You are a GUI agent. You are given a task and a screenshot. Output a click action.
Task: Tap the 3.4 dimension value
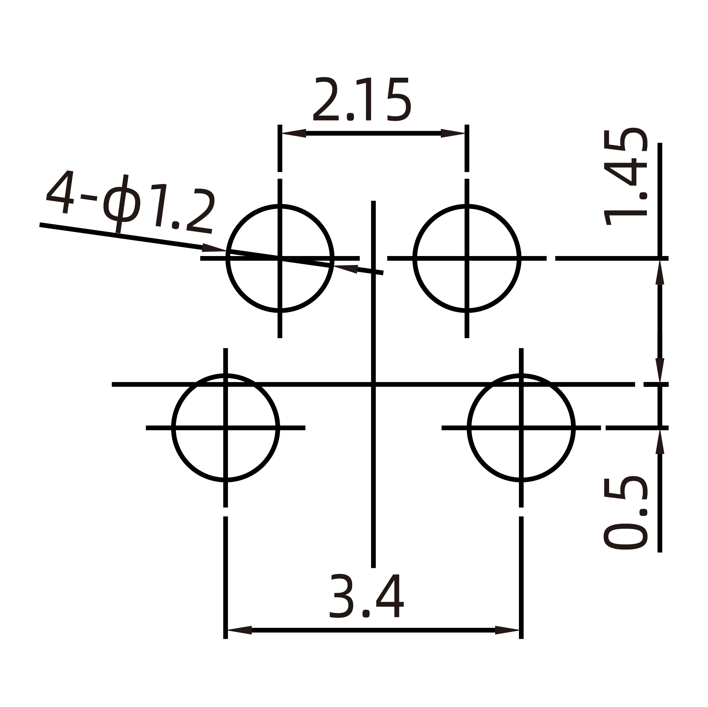[366, 597]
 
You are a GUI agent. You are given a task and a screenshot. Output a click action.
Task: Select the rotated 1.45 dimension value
[625, 177]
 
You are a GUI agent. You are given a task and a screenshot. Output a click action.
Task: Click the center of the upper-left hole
[280, 258]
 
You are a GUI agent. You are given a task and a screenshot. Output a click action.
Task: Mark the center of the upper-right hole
[467, 258]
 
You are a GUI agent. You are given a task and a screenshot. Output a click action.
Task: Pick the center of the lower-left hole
[226, 428]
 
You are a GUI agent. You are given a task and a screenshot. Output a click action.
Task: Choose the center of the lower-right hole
[521, 428]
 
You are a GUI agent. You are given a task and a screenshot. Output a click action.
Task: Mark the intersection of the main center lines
[373, 385]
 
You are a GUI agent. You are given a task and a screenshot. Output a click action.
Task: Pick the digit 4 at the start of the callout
[60, 192]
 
